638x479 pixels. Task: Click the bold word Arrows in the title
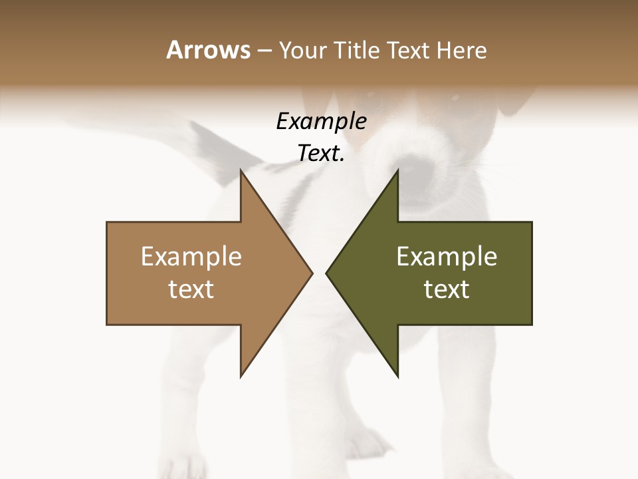click(208, 50)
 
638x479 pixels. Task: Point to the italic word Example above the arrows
click(321, 122)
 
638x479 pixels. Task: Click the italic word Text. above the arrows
click(321, 154)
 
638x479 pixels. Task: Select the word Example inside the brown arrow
click(191, 257)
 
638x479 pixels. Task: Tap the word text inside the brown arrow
click(191, 289)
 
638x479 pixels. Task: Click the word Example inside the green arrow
click(447, 257)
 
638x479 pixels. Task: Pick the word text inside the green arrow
click(447, 289)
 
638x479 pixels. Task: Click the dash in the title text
click(264, 51)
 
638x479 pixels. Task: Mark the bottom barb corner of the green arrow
click(397, 376)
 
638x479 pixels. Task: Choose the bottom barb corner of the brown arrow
click(241, 376)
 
